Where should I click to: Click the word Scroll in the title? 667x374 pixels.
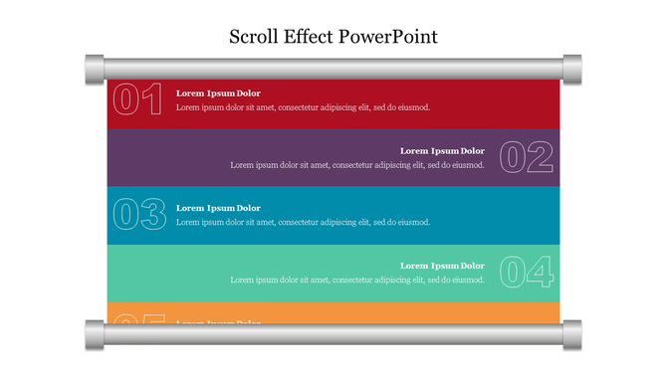254,38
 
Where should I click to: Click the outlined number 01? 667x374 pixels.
137,100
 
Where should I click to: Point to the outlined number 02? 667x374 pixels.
526,157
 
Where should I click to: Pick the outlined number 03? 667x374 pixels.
137,215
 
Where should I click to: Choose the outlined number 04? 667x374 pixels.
526,272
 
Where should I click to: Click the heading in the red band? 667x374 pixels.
218,93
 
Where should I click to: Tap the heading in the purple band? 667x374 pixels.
442,151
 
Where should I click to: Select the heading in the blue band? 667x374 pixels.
218,208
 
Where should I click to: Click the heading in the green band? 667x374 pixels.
442,266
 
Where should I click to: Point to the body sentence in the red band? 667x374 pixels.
303,107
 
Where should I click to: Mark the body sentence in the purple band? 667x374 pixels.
357,165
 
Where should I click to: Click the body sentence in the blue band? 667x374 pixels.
303,222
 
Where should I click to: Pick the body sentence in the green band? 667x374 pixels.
357,280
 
